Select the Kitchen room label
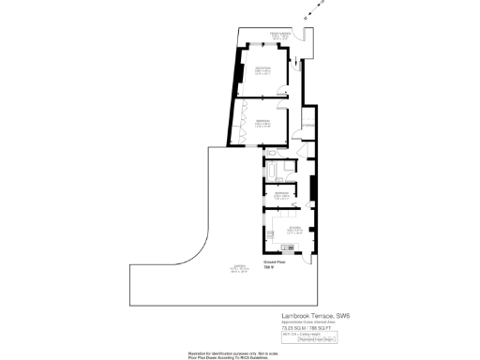pyautogui.click(x=293, y=230)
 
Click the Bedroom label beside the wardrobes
pyautogui.click(x=263, y=125)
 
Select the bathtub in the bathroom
pyautogui.click(x=275, y=175)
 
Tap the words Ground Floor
pyautogui.click(x=273, y=263)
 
